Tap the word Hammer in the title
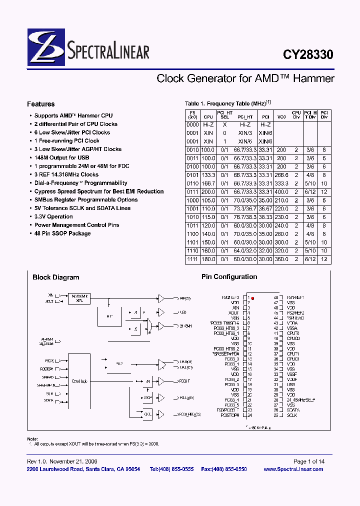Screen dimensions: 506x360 pyautogui.click(x=314, y=78)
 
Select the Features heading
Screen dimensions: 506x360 pyautogui.click(x=41, y=104)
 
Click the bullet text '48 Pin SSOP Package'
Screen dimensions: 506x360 pyautogui.click(x=62, y=233)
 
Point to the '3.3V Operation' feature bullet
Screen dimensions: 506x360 pyautogui.click(x=53, y=216)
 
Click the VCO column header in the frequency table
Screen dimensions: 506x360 pyautogui.click(x=281, y=116)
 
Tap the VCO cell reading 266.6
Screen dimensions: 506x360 pyautogui.click(x=281, y=175)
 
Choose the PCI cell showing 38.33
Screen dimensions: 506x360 pyautogui.click(x=265, y=217)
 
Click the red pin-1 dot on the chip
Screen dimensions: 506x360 pyautogui.click(x=253, y=298)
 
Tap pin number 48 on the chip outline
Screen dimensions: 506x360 pyautogui.click(x=275, y=297)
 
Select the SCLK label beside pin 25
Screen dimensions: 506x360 pyautogui.click(x=292, y=415)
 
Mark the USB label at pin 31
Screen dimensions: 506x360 pyautogui.click(x=291, y=384)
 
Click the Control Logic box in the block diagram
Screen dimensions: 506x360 pyautogui.click(x=79, y=381)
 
